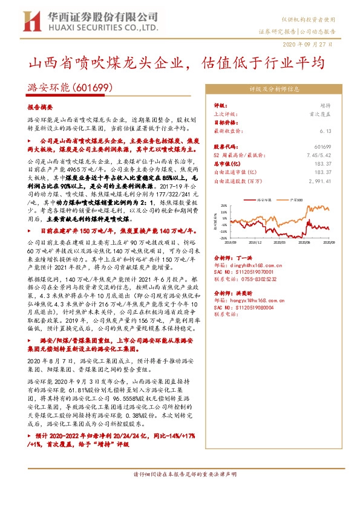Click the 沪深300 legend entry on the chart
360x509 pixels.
(x=296, y=198)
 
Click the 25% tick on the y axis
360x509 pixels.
(x=223, y=205)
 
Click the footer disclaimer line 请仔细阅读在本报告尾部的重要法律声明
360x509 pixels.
(x=180, y=491)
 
